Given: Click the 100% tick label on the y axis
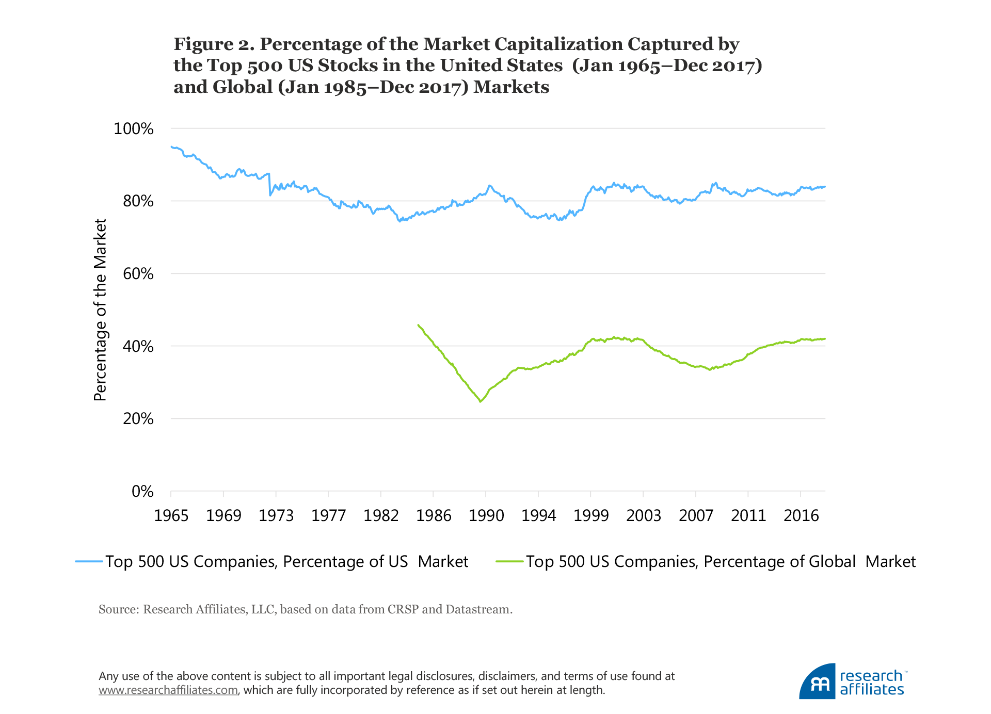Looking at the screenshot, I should (x=133, y=128).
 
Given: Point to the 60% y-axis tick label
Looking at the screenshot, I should (x=138, y=274).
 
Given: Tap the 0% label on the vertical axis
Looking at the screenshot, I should (x=142, y=492).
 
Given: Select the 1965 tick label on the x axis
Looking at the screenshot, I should (x=171, y=515).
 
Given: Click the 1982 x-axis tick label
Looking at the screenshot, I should (x=381, y=515).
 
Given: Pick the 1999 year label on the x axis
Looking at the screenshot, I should (x=591, y=515).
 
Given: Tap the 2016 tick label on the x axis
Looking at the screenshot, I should (x=801, y=515).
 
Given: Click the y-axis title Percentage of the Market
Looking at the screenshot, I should (x=100, y=310).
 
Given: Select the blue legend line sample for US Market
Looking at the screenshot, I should (x=89, y=561).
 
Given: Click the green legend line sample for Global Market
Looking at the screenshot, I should (x=509, y=561).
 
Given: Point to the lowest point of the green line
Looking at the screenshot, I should (x=481, y=401).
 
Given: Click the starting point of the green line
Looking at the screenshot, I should (x=418, y=324).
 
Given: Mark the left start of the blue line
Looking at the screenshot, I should (x=171, y=147).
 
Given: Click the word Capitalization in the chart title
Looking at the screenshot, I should (x=559, y=44).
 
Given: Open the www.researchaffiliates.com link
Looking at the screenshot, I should (x=168, y=690).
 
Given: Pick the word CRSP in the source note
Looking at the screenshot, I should (x=403, y=609).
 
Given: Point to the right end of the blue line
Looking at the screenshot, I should (x=825, y=186).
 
